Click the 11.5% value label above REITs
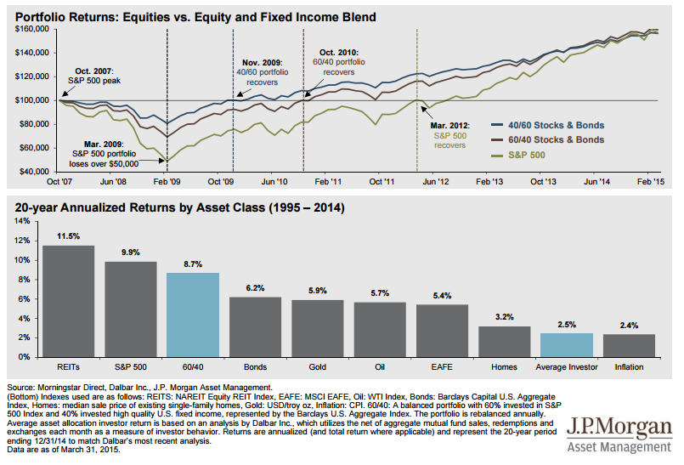pyautogui.click(x=69, y=235)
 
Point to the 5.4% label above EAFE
pyautogui.click(x=443, y=295)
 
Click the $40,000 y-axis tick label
pyautogui.click(x=34, y=172)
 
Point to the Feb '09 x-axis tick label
pyautogui.click(x=166, y=182)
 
